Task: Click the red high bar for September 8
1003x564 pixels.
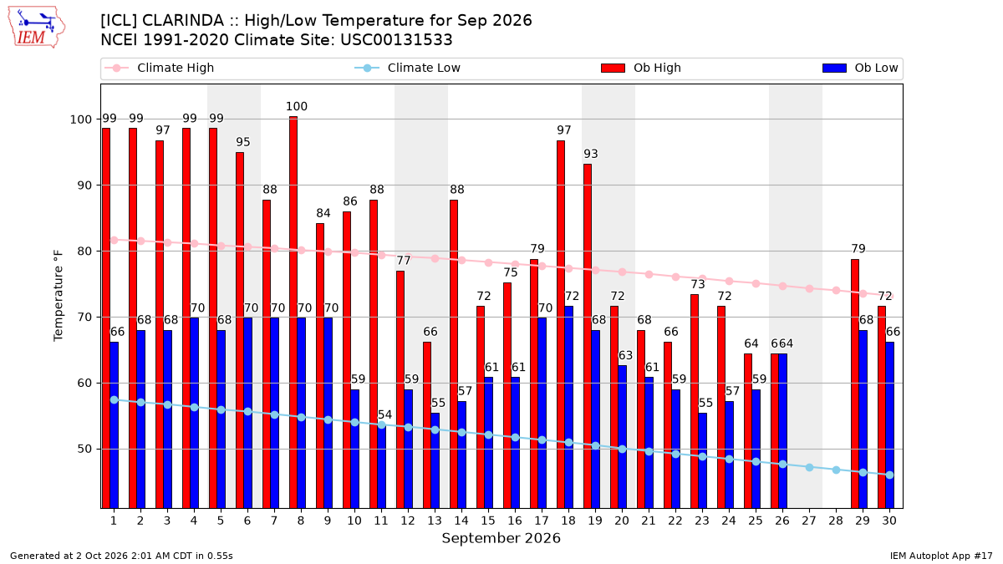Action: pyautogui.click(x=293, y=312)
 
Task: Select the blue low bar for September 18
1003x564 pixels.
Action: pyautogui.click(x=568, y=408)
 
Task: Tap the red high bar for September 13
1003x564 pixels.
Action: pyautogui.click(x=427, y=425)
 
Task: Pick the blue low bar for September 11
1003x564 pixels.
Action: pyautogui.click(x=381, y=465)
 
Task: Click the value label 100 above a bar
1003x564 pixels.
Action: pyautogui.click(x=297, y=107)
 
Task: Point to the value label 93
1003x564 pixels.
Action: pyautogui.click(x=591, y=154)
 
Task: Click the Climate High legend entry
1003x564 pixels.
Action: pyautogui.click(x=160, y=68)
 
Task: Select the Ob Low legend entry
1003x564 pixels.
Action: pyautogui.click(x=860, y=68)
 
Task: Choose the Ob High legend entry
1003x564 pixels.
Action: pyautogui.click(x=641, y=68)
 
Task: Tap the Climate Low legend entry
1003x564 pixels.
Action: pyautogui.click(x=408, y=68)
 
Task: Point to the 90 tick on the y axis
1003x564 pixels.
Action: pyautogui.click(x=84, y=185)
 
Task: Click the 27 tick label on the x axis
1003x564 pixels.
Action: pyautogui.click(x=809, y=521)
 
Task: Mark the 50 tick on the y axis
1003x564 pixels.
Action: pyautogui.click(x=84, y=449)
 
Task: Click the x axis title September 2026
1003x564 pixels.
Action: pyautogui.click(x=501, y=538)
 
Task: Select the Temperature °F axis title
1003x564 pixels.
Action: pyautogui.click(x=59, y=296)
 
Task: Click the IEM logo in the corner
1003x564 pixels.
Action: pyautogui.click(x=36, y=28)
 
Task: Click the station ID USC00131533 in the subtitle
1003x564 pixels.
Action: pyautogui.click(x=396, y=40)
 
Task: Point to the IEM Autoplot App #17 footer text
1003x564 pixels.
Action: pyautogui.click(x=941, y=556)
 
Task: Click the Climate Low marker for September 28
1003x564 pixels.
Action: pyautogui.click(x=836, y=470)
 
